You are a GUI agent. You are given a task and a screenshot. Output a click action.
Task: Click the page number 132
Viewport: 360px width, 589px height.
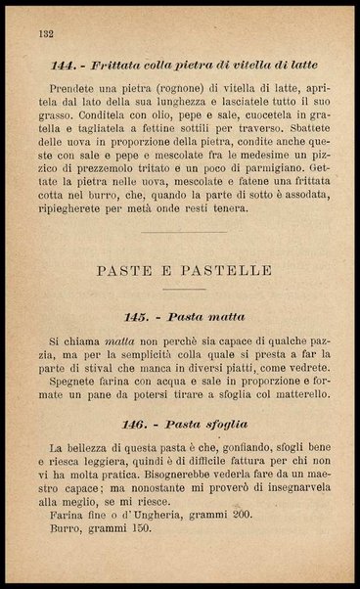pyautogui.click(x=43, y=33)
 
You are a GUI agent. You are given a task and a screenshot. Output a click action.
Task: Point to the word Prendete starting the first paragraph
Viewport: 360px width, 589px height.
pyautogui.click(x=75, y=90)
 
